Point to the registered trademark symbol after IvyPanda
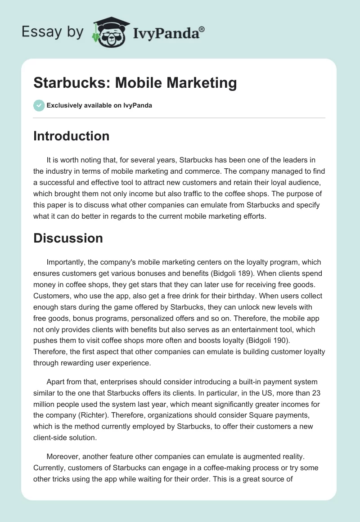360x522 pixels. pyautogui.click(x=202, y=29)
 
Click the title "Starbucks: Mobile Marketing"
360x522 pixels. pyautogui.click(x=135, y=83)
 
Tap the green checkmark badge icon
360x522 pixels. pyautogui.click(x=39, y=105)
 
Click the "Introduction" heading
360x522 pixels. pyautogui.click(x=71, y=136)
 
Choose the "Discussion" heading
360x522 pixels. pyautogui.click(x=68, y=238)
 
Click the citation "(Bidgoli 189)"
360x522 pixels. pyautogui.click(x=249, y=273)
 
